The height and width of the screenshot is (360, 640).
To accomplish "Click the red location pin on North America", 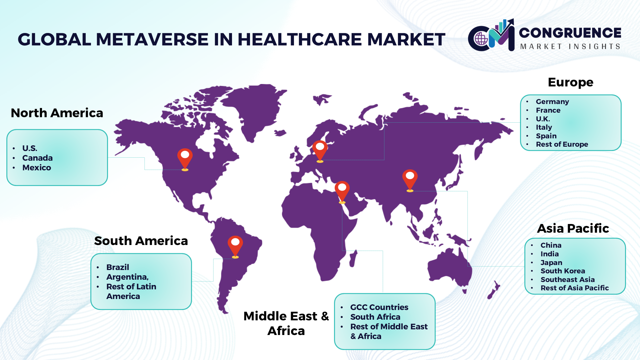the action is pyautogui.click(x=185, y=159).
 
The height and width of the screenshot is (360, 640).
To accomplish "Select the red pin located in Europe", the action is pyautogui.click(x=320, y=151).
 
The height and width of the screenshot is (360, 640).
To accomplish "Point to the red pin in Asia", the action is pyautogui.click(x=410, y=180).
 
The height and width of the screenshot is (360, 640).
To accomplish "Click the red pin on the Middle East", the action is pyautogui.click(x=342, y=192).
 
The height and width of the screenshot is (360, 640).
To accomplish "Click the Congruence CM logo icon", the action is pyautogui.click(x=491, y=35).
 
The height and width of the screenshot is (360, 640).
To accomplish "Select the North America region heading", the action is pyautogui.click(x=57, y=113).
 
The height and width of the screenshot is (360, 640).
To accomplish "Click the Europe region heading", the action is pyautogui.click(x=571, y=82).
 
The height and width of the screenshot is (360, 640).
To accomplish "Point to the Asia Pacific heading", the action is pyautogui.click(x=573, y=228).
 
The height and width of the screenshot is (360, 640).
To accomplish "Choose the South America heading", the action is pyautogui.click(x=141, y=241).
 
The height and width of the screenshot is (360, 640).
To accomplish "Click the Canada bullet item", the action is pyautogui.click(x=37, y=158).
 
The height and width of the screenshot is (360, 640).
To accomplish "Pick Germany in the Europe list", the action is pyautogui.click(x=552, y=102).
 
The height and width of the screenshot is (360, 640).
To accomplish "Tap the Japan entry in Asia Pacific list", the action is pyautogui.click(x=551, y=263).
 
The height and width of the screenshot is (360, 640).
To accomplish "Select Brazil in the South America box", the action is pyautogui.click(x=118, y=267).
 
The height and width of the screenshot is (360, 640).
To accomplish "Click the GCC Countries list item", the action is pyautogui.click(x=379, y=307).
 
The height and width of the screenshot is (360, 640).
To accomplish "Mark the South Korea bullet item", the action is pyautogui.click(x=563, y=271).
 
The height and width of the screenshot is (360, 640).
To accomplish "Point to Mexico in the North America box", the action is pyautogui.click(x=37, y=168).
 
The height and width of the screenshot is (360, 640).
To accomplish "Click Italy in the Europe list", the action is pyautogui.click(x=544, y=127).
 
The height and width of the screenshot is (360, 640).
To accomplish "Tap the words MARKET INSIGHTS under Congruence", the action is pyautogui.click(x=570, y=46).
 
